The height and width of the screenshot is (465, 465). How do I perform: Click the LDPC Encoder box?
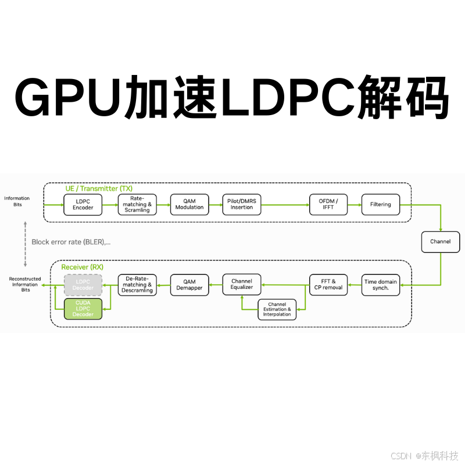(83, 205)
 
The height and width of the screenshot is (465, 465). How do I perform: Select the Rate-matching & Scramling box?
(137, 205)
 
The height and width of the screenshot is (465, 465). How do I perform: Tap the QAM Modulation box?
(189, 205)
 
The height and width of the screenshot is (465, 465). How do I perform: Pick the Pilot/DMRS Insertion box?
(242, 205)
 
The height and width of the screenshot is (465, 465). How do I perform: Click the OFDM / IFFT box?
(328, 205)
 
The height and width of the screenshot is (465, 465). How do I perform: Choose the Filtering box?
(381, 205)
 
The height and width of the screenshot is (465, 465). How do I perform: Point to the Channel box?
(440, 241)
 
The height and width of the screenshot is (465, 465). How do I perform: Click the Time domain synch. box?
(381, 285)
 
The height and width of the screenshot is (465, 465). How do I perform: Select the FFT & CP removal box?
(328, 285)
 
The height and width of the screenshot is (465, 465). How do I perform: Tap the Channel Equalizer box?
(242, 284)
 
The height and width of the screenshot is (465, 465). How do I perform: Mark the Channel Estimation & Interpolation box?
(277, 309)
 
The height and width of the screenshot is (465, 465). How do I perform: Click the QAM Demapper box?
(189, 285)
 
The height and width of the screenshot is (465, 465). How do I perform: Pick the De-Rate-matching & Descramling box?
(137, 285)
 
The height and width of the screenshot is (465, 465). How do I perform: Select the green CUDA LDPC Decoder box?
(83, 309)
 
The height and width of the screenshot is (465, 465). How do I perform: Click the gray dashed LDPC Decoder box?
(83, 285)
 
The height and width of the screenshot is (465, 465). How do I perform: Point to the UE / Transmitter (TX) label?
(99, 188)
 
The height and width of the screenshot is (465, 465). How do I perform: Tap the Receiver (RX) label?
(83, 267)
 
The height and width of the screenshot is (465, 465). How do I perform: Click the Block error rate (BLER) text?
(71, 242)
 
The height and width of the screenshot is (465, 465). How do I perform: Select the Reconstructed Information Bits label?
(25, 284)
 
